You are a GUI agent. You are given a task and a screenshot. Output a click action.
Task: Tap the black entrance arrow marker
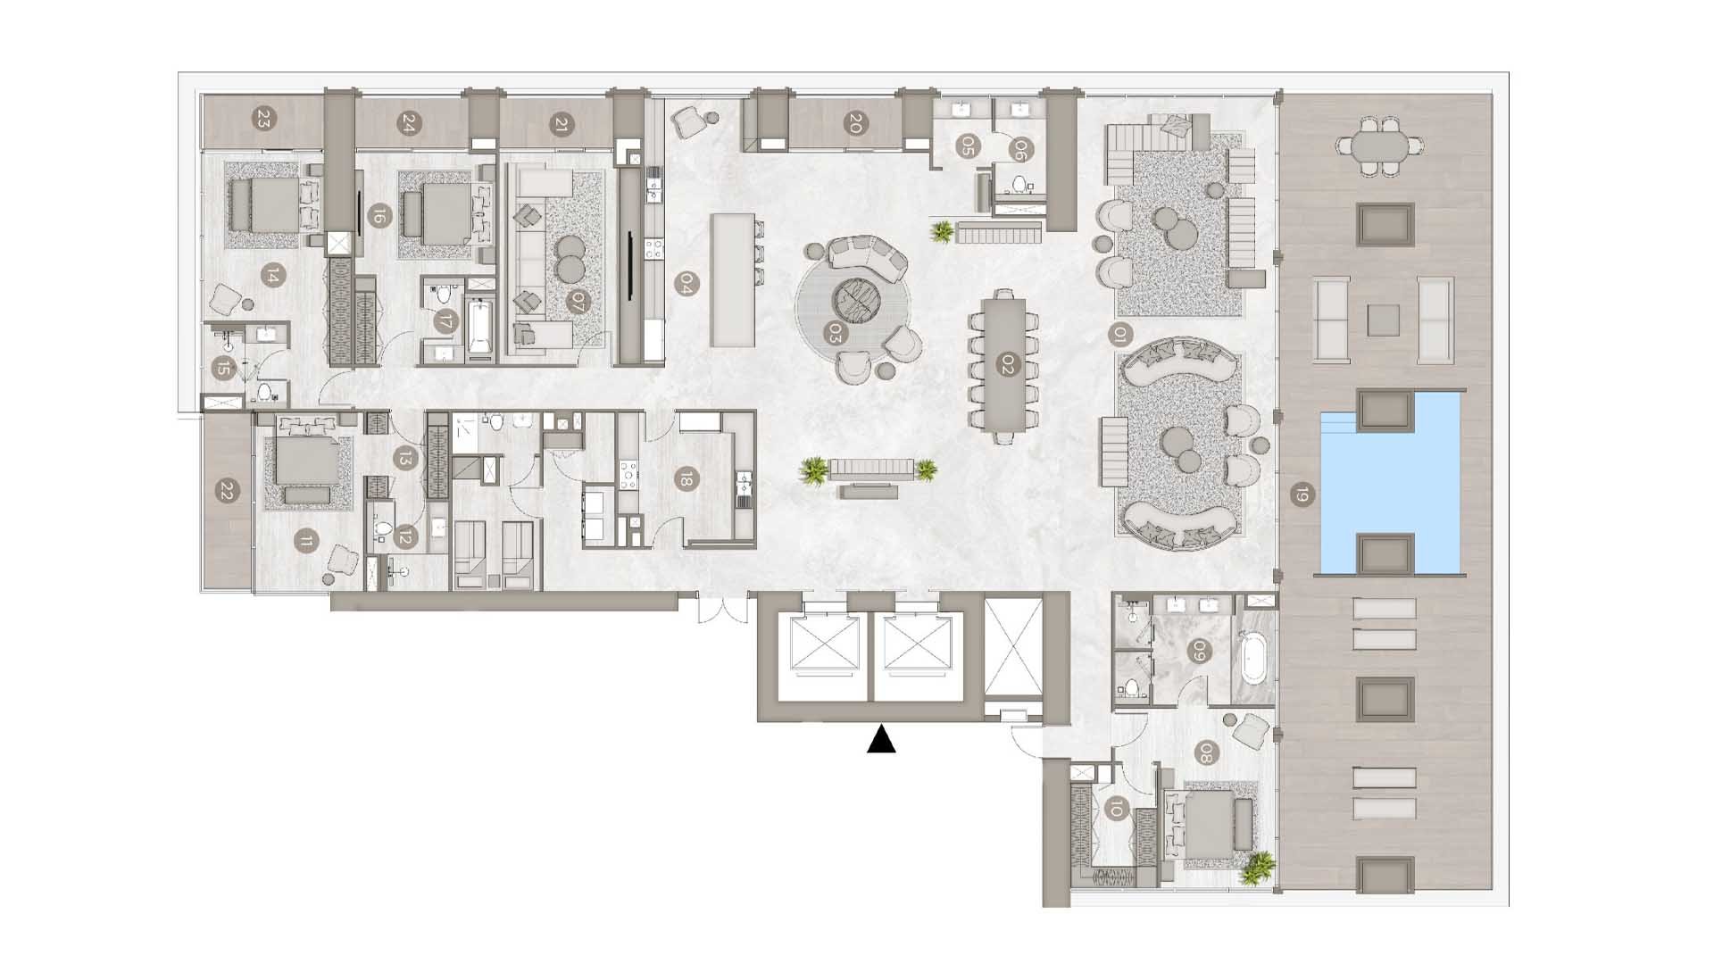coord(881,740)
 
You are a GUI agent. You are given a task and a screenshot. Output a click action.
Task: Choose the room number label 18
coord(685,479)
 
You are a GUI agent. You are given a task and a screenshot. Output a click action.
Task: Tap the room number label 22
coord(227,491)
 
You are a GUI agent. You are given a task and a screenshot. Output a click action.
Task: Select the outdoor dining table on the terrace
coord(1380,144)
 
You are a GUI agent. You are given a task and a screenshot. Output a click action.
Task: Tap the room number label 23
coord(262,120)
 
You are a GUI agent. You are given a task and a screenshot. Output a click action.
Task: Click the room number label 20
coord(853,125)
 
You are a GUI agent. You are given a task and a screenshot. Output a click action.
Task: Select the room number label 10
coord(1115,810)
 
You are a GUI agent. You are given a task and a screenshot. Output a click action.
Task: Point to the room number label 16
coord(379,215)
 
